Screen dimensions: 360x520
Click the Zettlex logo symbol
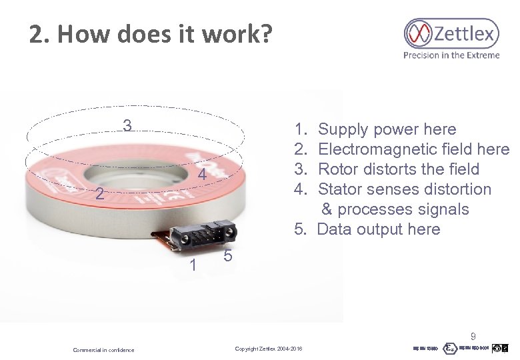pyautogui.click(x=419, y=33)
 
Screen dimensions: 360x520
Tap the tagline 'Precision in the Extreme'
pyautogui.click(x=451, y=55)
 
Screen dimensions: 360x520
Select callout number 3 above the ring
pyautogui.click(x=127, y=125)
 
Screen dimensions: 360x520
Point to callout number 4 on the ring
pyautogui.click(x=201, y=176)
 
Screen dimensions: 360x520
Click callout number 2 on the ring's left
pyautogui.click(x=98, y=195)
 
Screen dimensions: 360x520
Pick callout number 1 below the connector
pyautogui.click(x=193, y=265)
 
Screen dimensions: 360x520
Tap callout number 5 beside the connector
pyautogui.click(x=227, y=257)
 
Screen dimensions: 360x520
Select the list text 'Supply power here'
pyautogui.click(x=387, y=129)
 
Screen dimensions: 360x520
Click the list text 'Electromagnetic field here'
pyautogui.click(x=413, y=149)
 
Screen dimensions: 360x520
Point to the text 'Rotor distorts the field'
pyautogui.click(x=399, y=169)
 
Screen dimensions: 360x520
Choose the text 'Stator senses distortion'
pyautogui.click(x=405, y=189)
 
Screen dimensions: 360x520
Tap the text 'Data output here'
pyautogui.click(x=379, y=229)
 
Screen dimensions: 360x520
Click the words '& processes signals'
pyautogui.click(x=395, y=209)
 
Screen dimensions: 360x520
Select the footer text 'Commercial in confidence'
pyautogui.click(x=103, y=350)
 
